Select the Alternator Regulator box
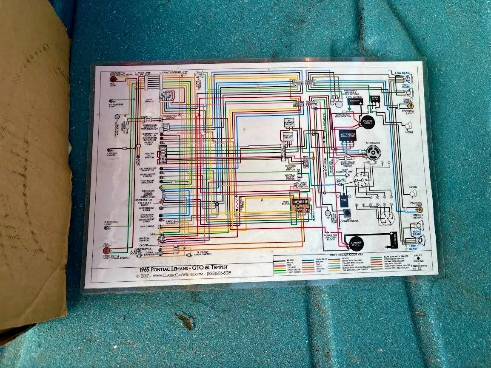pyautogui.click(x=347, y=135)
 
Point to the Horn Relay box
pyautogui.click(x=375, y=100)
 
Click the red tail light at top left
pyautogui.click(x=106, y=79)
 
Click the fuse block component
pyautogui.click(x=300, y=204)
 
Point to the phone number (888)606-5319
pyautogui.click(x=221, y=275)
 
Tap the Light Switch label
pyautogui.click(x=149, y=101)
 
